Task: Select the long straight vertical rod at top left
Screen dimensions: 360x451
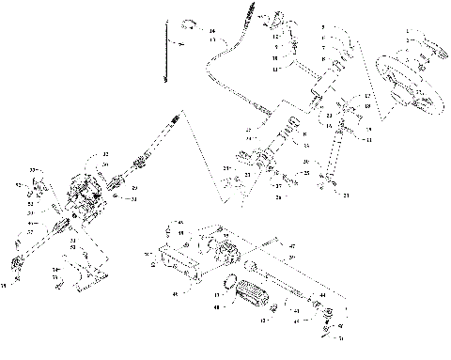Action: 165,56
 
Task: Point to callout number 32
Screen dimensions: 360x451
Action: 105,154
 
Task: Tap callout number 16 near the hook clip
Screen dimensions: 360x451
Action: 212,32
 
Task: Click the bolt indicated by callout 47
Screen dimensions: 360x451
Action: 266,244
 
